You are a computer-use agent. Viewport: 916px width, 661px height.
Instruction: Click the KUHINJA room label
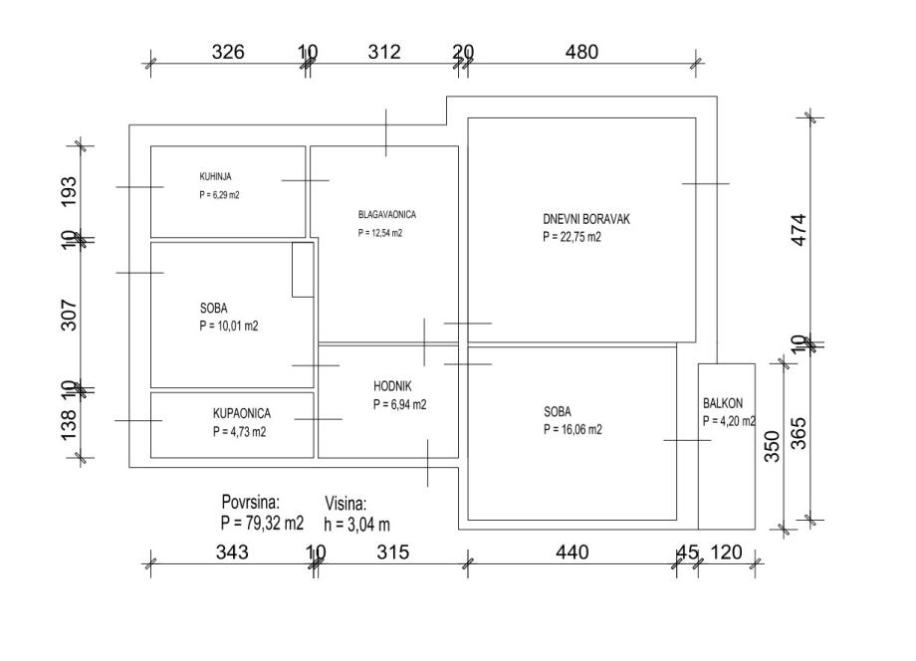215,176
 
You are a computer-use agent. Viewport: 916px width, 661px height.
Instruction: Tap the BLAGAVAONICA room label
386,214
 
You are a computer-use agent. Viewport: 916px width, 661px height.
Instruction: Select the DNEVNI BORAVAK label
585,220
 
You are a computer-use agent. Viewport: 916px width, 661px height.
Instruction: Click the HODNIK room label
392,386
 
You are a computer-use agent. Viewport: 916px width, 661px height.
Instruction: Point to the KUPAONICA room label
241,413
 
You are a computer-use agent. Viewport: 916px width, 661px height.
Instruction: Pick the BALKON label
723,403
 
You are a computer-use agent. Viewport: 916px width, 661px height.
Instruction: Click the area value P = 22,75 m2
572,237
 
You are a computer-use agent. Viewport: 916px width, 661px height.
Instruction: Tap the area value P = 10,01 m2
228,326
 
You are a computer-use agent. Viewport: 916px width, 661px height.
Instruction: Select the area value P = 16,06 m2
572,430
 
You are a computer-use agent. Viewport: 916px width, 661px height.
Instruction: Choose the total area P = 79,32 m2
262,523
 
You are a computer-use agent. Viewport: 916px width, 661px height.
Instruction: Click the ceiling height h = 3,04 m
356,525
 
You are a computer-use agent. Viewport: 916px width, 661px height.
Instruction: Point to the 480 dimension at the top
581,52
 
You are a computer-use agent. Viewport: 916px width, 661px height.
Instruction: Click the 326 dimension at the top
228,52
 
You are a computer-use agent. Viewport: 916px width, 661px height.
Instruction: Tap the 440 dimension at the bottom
572,551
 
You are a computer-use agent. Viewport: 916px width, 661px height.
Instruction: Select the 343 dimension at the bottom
232,551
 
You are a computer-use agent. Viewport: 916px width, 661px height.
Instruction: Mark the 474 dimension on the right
800,230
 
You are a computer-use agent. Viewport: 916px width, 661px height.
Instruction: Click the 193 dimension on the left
69,191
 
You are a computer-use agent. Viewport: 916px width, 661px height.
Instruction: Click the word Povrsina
251,502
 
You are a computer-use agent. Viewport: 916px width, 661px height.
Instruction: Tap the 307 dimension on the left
69,316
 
